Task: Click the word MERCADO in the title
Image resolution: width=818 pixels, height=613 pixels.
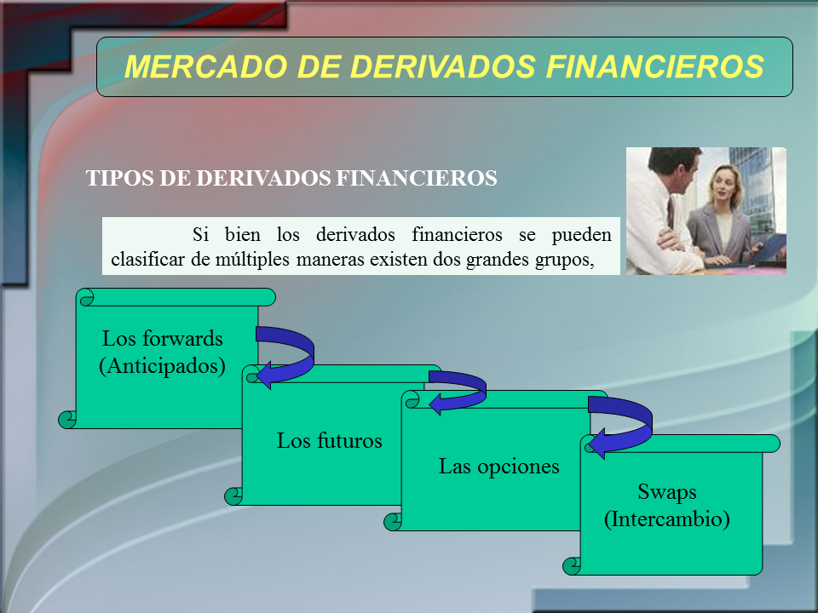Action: click(x=206, y=66)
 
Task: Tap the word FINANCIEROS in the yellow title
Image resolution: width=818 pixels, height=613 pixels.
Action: click(x=654, y=66)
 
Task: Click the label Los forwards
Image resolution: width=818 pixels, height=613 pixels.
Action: click(x=162, y=338)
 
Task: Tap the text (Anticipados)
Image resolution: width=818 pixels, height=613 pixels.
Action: click(x=162, y=365)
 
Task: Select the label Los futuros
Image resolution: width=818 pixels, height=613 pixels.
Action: click(x=329, y=440)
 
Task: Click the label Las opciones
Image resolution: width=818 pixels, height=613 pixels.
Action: click(x=498, y=466)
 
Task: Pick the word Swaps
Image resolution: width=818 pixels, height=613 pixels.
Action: click(x=666, y=492)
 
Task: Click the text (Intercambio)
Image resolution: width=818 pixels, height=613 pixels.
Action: click(x=666, y=518)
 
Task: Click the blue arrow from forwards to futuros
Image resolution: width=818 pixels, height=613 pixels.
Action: click(x=312, y=354)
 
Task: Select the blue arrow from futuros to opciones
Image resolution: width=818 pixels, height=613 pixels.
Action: click(x=484, y=388)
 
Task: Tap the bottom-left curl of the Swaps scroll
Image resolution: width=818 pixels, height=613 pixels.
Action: click(x=573, y=566)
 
